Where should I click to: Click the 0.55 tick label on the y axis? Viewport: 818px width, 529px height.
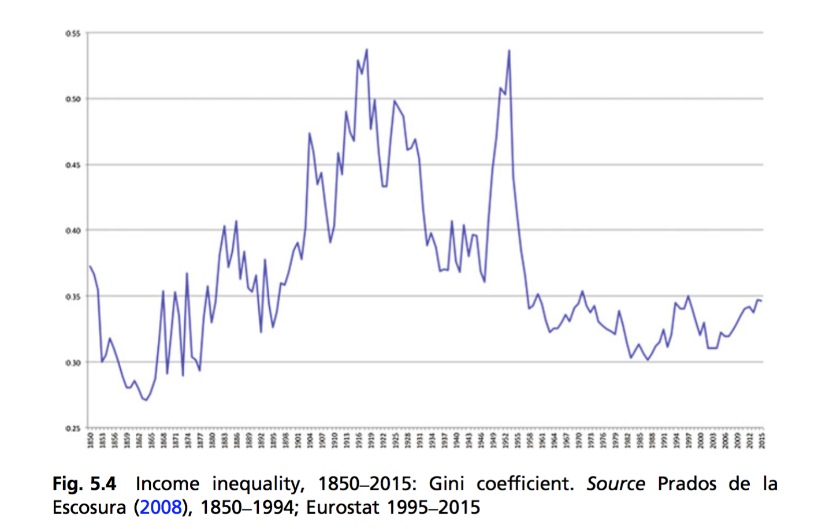click(73, 33)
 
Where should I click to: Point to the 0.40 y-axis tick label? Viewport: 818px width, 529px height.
click(73, 231)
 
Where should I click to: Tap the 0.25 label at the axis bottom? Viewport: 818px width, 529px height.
click(73, 429)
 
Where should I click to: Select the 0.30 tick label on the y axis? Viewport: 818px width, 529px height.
click(73, 363)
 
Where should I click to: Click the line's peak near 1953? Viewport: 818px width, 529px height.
click(510, 50)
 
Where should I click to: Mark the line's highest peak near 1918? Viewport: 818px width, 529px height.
click(367, 50)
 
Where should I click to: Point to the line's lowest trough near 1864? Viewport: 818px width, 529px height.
click(146, 400)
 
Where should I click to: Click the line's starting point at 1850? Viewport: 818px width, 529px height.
click(90, 266)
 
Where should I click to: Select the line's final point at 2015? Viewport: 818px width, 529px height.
click(762, 301)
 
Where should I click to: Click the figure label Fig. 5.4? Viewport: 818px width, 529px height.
click(84, 483)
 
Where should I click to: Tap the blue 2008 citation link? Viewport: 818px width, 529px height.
click(161, 507)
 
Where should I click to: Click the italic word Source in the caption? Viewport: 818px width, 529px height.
click(616, 483)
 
